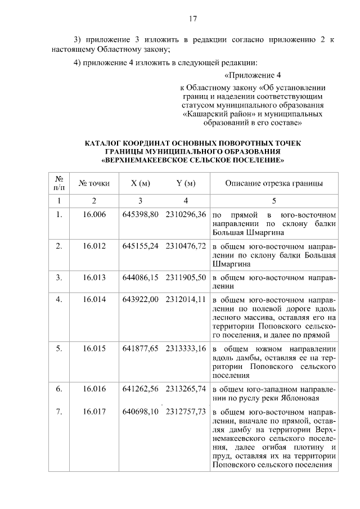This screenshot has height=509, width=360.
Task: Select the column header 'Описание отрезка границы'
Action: pyautogui.click(x=274, y=183)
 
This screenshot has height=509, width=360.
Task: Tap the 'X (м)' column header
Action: pyautogui.click(x=140, y=183)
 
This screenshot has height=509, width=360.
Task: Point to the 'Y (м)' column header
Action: pyautogui.click(x=186, y=183)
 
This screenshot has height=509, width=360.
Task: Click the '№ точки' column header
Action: pyautogui.click(x=94, y=183)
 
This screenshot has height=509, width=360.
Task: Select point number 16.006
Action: pyautogui.click(x=94, y=215)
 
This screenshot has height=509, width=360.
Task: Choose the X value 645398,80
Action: pyautogui.click(x=140, y=215)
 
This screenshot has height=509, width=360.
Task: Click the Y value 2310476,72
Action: pyautogui.click(x=186, y=246)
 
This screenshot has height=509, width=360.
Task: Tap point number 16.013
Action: pyautogui.click(x=94, y=277)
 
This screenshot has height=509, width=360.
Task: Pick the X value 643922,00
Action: pyautogui.click(x=140, y=299)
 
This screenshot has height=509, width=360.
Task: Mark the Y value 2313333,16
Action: pyautogui.click(x=186, y=348)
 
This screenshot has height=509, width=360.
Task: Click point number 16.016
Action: pyautogui.click(x=94, y=389)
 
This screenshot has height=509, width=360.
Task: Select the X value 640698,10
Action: pyautogui.click(x=140, y=412)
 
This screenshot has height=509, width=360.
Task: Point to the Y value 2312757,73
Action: pyautogui.click(x=186, y=412)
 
